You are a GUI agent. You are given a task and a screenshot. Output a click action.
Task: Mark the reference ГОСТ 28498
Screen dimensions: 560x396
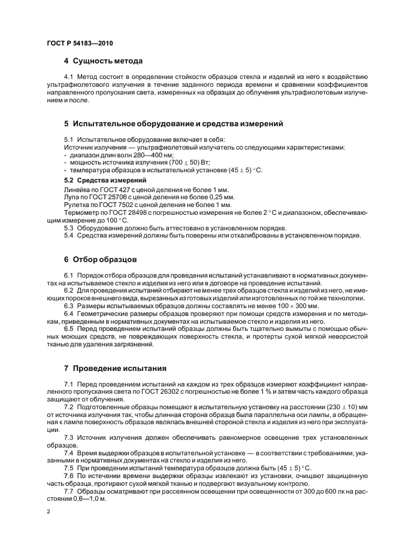pos(123,212)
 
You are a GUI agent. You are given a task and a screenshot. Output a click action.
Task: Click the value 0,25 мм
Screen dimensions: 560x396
pos(222,196)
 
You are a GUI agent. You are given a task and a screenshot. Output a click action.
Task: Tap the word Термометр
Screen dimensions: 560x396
pos(83,212)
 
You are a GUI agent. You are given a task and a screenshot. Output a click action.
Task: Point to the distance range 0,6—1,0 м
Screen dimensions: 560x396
pos(89,499)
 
